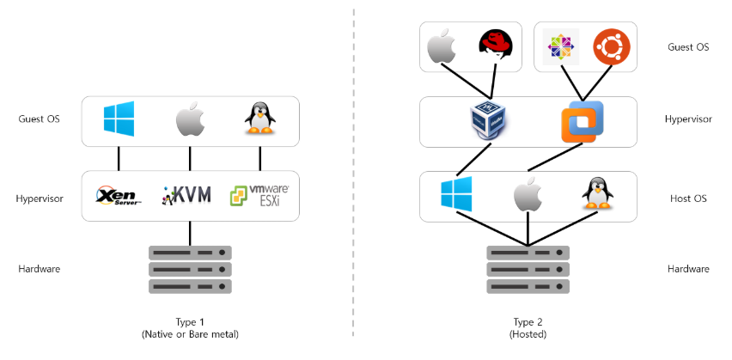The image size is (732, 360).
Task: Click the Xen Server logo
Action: click(x=119, y=196)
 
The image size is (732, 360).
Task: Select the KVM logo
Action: click(x=186, y=195)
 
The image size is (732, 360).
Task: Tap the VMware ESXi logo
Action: click(x=259, y=196)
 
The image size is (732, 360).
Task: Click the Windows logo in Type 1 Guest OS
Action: click(x=119, y=119)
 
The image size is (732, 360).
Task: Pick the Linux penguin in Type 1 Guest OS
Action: click(x=259, y=119)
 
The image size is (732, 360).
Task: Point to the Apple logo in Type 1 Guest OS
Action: click(x=190, y=119)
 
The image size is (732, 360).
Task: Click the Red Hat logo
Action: click(x=496, y=45)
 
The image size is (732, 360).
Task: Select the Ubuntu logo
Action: click(x=612, y=47)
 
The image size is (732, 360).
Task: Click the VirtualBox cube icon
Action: click(x=489, y=120)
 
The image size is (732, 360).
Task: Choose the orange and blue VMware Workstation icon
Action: click(x=583, y=121)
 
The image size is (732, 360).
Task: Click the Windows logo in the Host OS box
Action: click(x=456, y=194)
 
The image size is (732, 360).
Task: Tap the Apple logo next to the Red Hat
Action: click(x=441, y=46)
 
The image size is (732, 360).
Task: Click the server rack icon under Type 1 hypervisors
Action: click(x=190, y=270)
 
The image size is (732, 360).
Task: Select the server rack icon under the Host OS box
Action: click(x=528, y=270)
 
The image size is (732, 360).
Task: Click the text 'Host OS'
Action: click(x=688, y=198)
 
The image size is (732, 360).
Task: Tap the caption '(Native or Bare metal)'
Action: click(x=190, y=334)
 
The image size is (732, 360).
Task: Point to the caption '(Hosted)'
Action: click(x=528, y=334)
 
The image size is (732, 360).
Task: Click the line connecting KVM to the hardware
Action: click(x=190, y=234)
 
